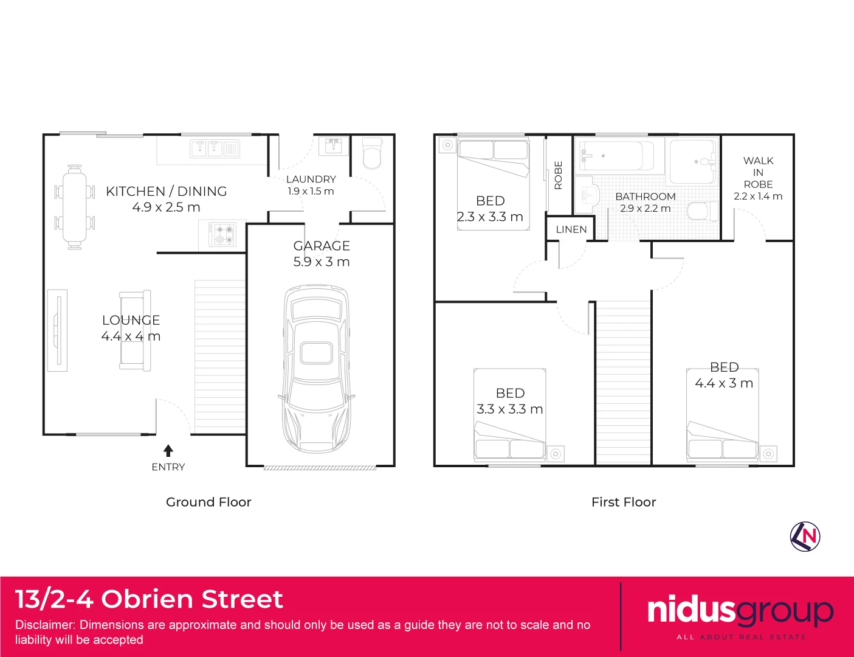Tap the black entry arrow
tap(168, 451)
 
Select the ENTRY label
tap(168, 467)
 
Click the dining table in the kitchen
tap(75, 207)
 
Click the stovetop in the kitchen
tap(222, 234)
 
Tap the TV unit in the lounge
tap(57, 330)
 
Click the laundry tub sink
tap(333, 146)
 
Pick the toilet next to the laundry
tap(372, 153)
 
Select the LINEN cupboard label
tap(571, 229)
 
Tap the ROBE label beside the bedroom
tap(559, 175)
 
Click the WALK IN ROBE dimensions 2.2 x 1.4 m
tap(758, 196)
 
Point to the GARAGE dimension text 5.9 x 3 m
tap(322, 262)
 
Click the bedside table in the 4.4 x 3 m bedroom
tap(768, 454)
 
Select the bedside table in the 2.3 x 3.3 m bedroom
tap(447, 145)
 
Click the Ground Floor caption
tap(208, 502)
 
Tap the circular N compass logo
tap(805, 537)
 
